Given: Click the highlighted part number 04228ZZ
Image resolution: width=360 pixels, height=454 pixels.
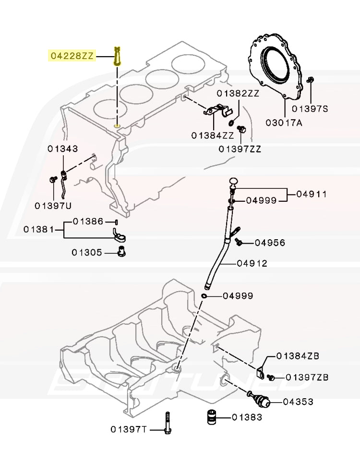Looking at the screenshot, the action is (72, 56).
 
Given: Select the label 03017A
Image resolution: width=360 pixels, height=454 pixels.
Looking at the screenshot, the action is (284, 123).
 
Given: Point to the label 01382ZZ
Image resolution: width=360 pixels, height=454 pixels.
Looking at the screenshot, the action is (238, 93).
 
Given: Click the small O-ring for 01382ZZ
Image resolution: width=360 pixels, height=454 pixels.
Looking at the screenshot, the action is (232, 123).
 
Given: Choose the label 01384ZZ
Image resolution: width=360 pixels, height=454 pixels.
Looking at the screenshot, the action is (213, 135).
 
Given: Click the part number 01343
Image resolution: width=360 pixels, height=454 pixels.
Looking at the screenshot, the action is (63, 149).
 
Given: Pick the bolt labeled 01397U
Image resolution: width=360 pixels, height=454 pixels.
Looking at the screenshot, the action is (53, 180).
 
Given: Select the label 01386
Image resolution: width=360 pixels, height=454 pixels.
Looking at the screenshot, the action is (88, 221).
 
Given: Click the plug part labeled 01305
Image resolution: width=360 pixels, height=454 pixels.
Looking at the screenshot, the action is (122, 251).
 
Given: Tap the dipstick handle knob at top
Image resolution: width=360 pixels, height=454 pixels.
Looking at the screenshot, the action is (234, 182).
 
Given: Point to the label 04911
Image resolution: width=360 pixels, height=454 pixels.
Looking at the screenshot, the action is (312, 194).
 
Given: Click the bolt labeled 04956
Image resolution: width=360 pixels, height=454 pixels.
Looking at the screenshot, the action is (239, 241).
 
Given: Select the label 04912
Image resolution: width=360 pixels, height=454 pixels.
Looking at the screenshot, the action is (252, 263).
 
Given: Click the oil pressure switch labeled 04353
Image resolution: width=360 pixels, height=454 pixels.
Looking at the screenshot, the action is (259, 400).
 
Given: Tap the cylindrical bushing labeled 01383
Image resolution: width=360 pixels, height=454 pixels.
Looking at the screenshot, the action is (212, 417).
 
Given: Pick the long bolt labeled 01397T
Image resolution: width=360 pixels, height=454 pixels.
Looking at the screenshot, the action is (168, 423).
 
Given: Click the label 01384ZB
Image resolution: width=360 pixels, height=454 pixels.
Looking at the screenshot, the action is (298, 356).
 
